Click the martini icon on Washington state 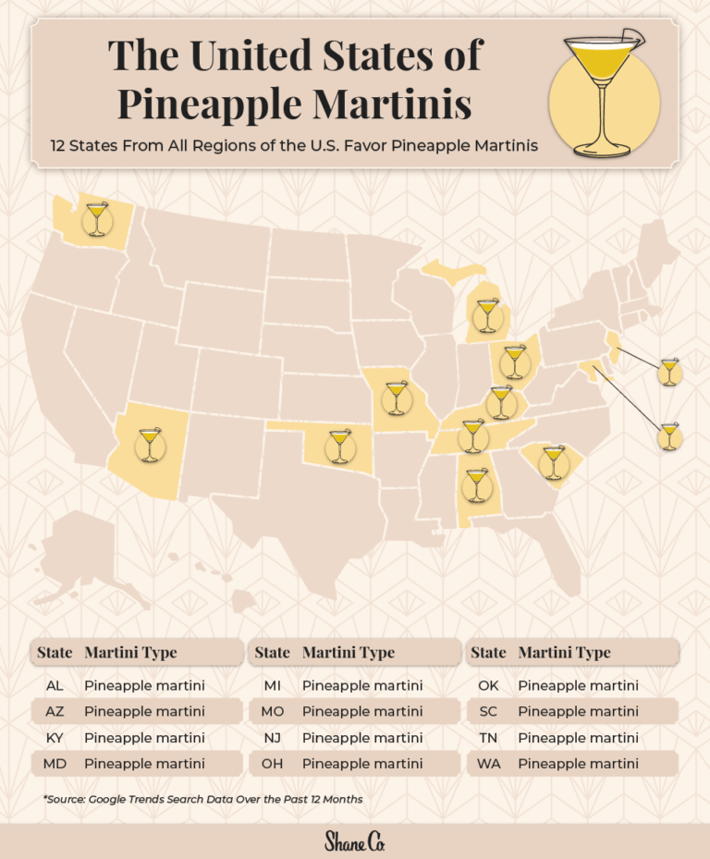(x=96, y=219)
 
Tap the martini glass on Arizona (x=149, y=444)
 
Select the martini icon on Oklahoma (x=339, y=445)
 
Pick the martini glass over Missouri (x=396, y=398)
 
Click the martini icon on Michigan (x=486, y=315)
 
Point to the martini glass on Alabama (x=475, y=485)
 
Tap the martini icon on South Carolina (x=553, y=461)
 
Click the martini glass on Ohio (x=514, y=362)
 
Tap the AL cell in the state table (x=54, y=685)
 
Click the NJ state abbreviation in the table (x=272, y=738)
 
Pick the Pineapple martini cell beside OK (x=578, y=685)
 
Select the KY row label (x=54, y=738)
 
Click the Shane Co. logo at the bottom (x=354, y=841)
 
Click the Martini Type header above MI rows (x=349, y=652)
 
